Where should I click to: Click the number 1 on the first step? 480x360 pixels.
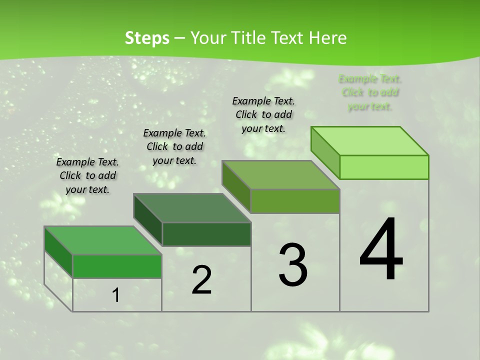point(115,295)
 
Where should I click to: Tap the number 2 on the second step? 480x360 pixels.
point(201,280)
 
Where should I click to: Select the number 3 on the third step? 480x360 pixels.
point(293,265)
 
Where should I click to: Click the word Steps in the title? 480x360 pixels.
point(147,38)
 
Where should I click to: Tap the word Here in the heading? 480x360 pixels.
point(328,38)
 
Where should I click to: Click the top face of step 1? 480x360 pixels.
point(103,240)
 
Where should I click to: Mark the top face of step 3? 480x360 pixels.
point(281,175)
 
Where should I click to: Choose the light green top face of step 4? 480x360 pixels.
point(369,141)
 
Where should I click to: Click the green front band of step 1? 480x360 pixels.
point(117,266)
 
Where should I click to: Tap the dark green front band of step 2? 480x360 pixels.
point(206,234)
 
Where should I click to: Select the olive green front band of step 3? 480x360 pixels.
point(295,201)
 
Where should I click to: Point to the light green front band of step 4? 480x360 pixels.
point(384,167)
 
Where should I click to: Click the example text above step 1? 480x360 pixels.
point(87,175)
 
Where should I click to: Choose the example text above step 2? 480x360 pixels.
point(174,146)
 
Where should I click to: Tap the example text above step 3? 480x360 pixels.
point(263,114)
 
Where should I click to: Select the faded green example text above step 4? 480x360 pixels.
point(370,92)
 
